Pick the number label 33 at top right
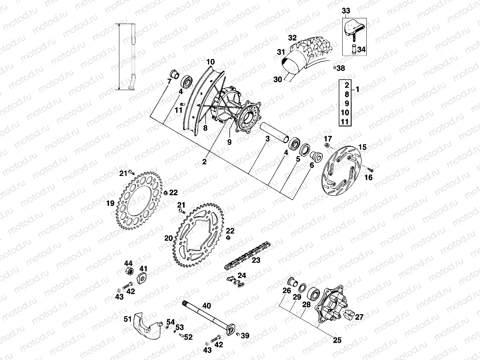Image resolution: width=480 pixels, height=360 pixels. (x=346, y=10)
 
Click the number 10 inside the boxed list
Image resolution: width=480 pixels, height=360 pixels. (x=344, y=112)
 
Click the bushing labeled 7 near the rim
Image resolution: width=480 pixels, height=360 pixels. (x=173, y=74)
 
